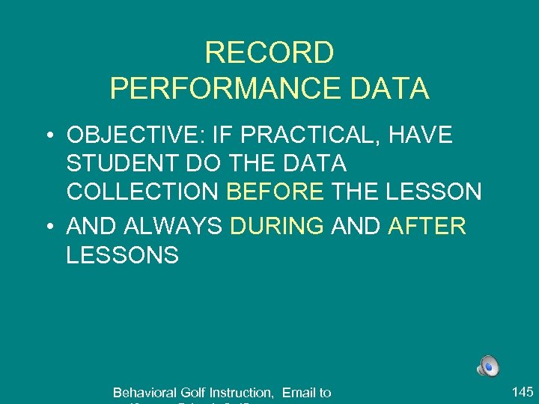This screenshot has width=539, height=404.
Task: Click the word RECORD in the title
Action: point(269,53)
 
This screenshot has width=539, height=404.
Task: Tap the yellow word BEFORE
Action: point(275,192)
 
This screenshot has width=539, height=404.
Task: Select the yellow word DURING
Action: point(277,226)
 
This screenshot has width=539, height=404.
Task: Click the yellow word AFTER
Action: point(427,226)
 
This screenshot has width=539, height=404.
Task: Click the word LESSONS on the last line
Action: point(122,254)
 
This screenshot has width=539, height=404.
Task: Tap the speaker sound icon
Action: point(488,367)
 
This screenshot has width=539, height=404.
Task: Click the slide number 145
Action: point(522,391)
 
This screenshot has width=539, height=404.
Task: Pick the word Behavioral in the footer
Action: point(145,393)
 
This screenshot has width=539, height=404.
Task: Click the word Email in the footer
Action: point(298,393)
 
